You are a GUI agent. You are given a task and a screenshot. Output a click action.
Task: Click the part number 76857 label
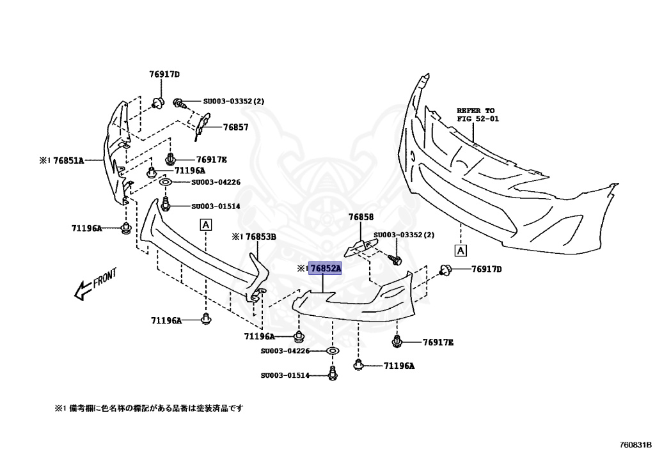tap(235, 127)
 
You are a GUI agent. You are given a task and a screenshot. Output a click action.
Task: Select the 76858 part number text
tap(361, 217)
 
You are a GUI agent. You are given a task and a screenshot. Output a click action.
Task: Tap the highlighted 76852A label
tap(325, 269)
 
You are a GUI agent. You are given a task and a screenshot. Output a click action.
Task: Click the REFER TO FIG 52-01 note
tap(476, 114)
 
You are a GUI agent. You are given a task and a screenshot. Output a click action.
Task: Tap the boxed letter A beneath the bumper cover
tap(461, 249)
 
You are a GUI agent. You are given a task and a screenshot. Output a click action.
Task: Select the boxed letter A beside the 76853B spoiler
tap(206, 224)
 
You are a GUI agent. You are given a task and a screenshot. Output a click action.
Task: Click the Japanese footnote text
tap(148, 407)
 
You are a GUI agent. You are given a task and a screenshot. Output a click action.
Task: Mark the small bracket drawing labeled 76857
tap(201, 124)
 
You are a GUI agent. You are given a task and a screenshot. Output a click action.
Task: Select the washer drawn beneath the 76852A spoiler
tap(332, 351)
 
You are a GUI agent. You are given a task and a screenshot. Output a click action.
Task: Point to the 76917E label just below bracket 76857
tap(211, 159)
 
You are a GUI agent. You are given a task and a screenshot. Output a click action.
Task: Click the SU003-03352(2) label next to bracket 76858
tap(404, 235)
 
